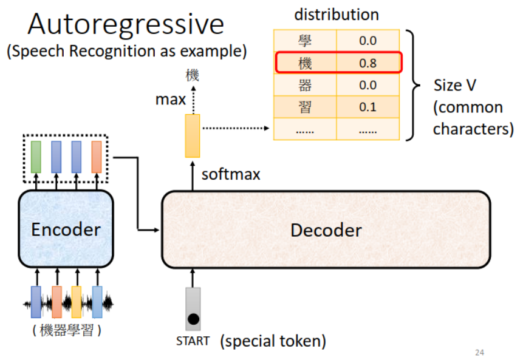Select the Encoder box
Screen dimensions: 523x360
point(66,229)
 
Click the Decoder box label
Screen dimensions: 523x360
point(326,230)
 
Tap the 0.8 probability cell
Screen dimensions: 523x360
point(368,63)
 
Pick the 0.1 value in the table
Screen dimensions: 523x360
point(368,107)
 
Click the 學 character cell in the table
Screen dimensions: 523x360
point(305,41)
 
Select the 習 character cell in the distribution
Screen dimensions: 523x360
point(305,107)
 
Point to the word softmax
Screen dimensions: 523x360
point(231,174)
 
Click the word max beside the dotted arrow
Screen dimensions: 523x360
point(171,100)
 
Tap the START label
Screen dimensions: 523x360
point(193,341)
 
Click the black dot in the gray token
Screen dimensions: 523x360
point(193,319)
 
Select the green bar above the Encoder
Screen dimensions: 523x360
point(36,157)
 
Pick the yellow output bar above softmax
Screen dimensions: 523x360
point(193,135)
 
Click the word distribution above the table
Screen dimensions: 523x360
point(337,15)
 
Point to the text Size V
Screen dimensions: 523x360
point(454,86)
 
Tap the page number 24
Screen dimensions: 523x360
point(480,352)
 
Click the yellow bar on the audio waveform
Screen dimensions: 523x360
point(77,302)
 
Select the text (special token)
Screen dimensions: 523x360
point(273,341)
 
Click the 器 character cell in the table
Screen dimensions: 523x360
point(305,85)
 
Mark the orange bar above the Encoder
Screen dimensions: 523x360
point(97,157)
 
